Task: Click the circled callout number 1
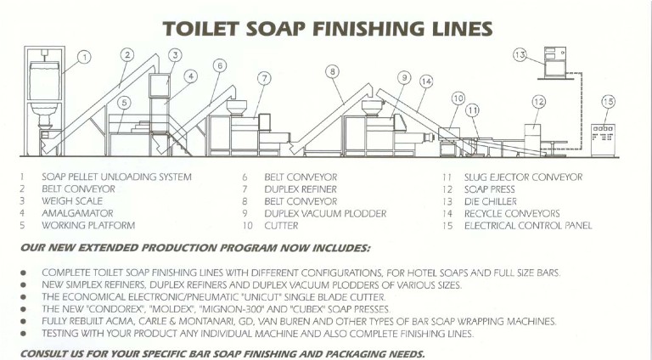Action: pos(84,57)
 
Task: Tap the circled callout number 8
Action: pos(332,72)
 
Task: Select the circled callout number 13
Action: pos(520,54)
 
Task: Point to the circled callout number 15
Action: pos(608,101)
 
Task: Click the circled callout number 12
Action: pos(538,101)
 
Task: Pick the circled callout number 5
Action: pos(124,103)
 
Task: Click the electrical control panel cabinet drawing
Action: pos(603,140)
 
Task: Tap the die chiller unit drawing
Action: pos(555,62)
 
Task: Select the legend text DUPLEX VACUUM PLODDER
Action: pos(325,214)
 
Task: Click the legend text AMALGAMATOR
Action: pos(77,213)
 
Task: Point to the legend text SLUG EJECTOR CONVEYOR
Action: pos(523,177)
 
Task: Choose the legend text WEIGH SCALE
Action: pos(72,201)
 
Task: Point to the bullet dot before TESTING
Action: pos(23,334)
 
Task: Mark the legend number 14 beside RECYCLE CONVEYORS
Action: pos(447,214)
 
